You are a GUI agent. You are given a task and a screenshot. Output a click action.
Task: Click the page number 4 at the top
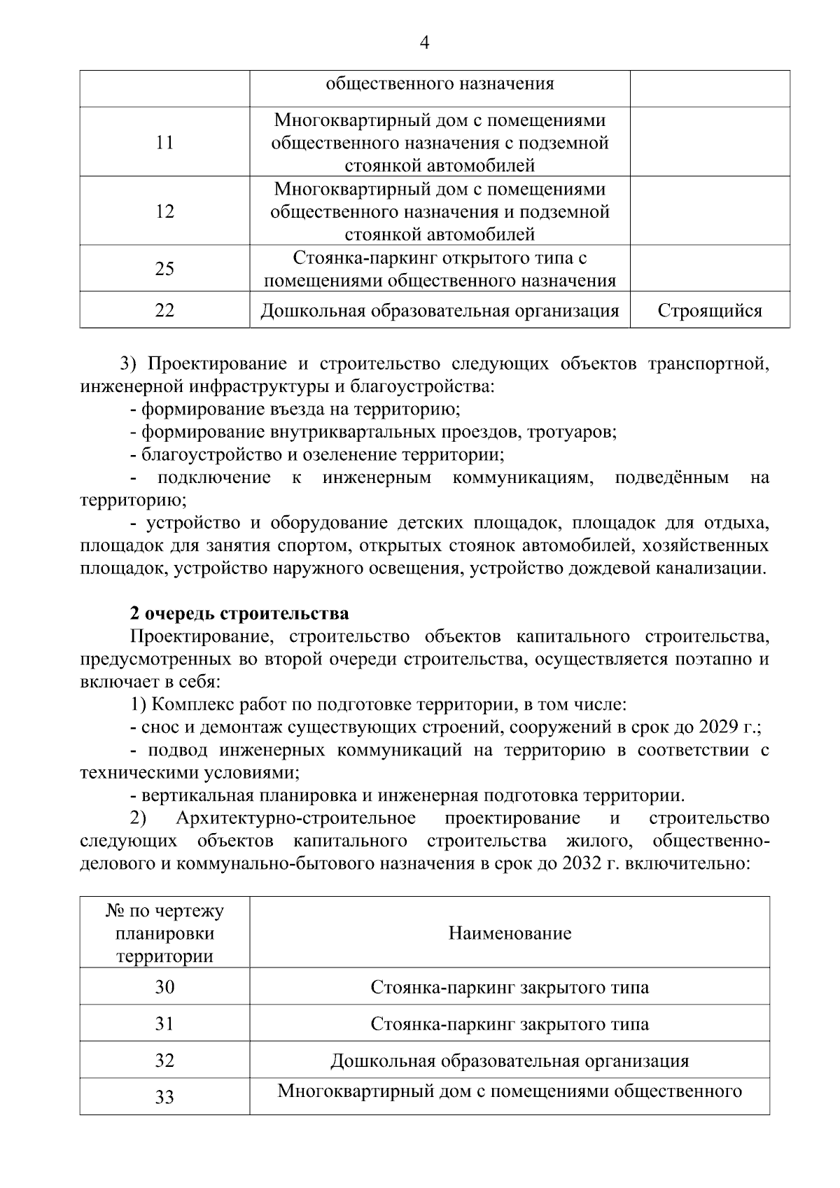(423, 43)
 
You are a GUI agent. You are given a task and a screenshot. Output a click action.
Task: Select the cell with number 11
(164, 143)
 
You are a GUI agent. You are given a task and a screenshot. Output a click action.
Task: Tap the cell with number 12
(164, 211)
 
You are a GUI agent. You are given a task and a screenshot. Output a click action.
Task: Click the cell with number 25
(164, 269)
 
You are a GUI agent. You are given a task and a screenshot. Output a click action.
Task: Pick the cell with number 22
(164, 311)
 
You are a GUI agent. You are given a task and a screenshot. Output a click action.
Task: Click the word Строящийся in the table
(710, 311)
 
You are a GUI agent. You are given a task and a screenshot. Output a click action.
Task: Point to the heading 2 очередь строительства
(239, 614)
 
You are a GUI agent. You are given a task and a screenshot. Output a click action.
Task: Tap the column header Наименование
(510, 933)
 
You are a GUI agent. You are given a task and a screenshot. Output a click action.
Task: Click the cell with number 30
(164, 987)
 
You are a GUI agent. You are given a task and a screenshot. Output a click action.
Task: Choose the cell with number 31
(164, 1024)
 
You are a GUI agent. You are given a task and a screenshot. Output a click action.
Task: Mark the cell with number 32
(164, 1061)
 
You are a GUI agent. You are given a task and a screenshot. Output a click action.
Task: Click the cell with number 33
(164, 1097)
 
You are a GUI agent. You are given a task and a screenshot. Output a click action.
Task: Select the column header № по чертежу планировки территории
(164, 933)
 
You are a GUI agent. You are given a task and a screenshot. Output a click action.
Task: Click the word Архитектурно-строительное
(295, 818)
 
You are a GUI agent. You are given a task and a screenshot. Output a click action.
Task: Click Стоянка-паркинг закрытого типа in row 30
(510, 988)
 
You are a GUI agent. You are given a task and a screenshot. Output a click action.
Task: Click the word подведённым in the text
(671, 478)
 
